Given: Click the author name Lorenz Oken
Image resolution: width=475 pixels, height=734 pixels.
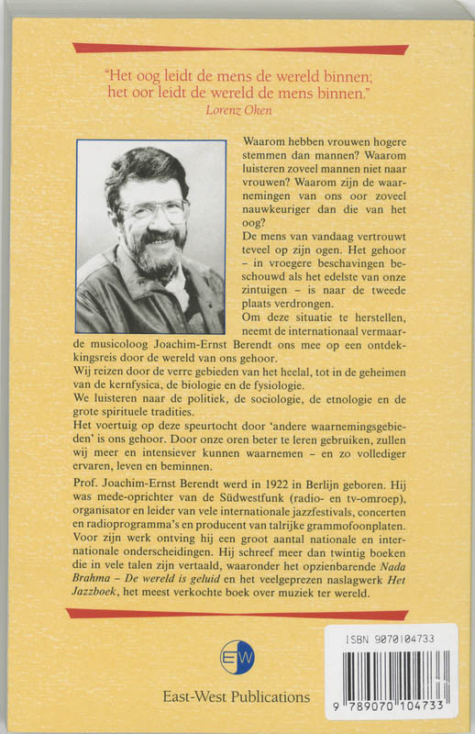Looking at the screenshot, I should coord(237,108).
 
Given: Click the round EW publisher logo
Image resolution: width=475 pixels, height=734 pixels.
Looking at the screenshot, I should coord(237,657).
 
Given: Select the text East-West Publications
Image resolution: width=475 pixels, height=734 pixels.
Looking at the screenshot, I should coord(237,696).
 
